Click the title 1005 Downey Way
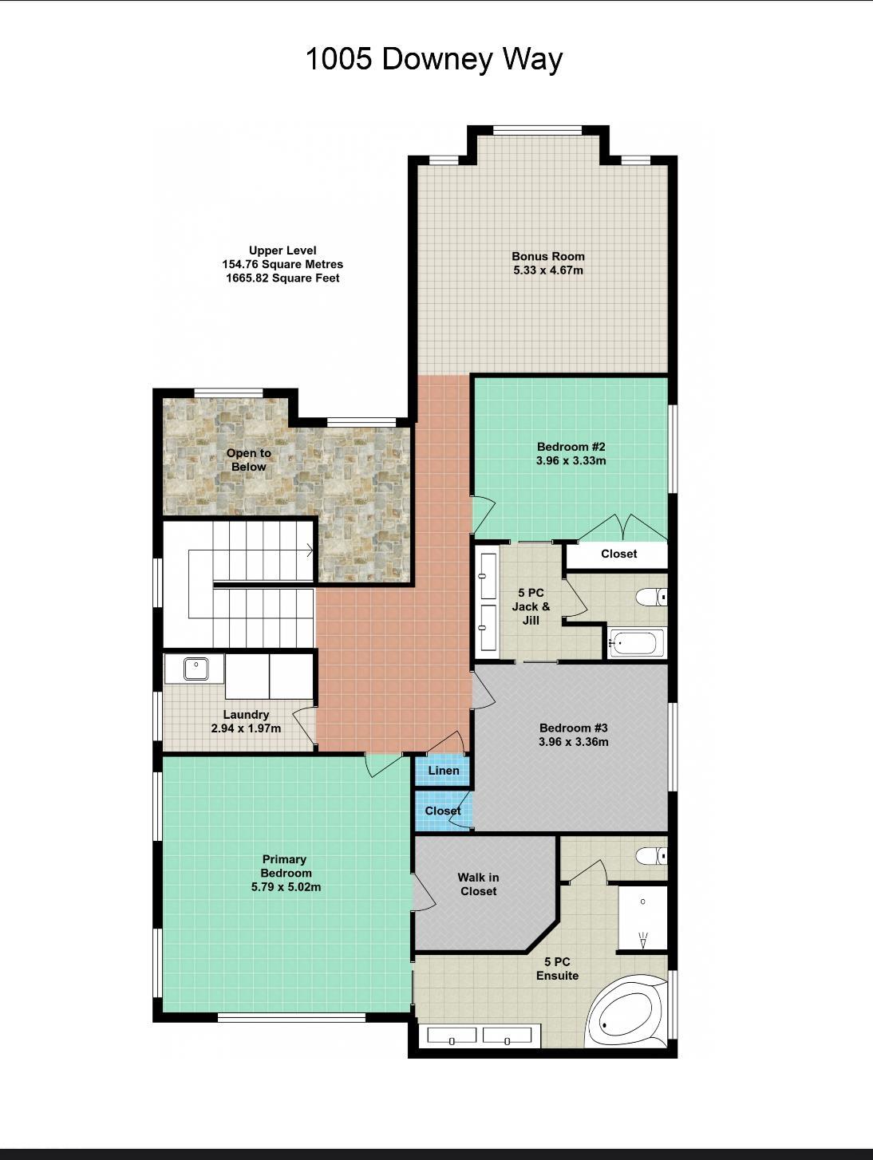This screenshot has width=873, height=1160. click(x=434, y=59)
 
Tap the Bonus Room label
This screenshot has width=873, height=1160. click(x=547, y=256)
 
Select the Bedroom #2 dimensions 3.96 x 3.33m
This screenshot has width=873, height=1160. click(x=571, y=461)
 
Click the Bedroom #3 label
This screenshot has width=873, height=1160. click(x=573, y=728)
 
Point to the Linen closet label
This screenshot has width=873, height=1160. click(x=443, y=771)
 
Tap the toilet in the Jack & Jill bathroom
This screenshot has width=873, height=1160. click(x=650, y=596)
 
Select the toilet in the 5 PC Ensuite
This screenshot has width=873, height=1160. click(x=650, y=856)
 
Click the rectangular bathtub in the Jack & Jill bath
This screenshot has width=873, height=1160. click(x=635, y=643)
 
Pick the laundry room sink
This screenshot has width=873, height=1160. click(x=195, y=668)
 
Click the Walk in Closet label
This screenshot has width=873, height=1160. click(x=478, y=884)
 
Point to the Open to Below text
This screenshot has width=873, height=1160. click(x=249, y=460)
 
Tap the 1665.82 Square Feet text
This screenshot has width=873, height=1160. click(x=282, y=278)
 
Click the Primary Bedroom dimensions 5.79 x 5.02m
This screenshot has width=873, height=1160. click(x=286, y=887)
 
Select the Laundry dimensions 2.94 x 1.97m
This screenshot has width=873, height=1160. click(x=246, y=728)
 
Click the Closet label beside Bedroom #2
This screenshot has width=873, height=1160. click(x=618, y=554)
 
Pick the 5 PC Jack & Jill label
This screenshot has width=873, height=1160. click(x=531, y=606)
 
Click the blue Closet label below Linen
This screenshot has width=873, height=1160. click(x=442, y=811)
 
